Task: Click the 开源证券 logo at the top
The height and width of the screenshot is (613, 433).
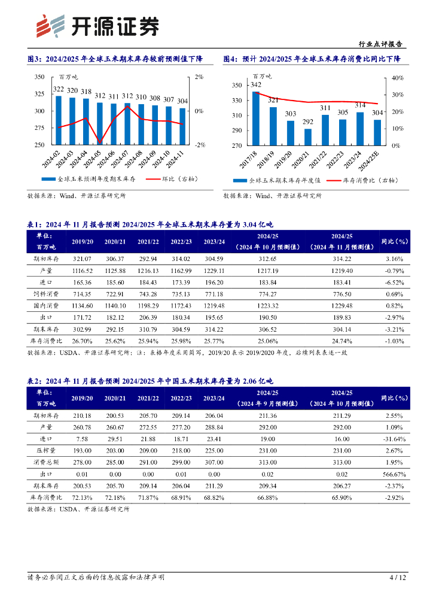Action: [99, 25]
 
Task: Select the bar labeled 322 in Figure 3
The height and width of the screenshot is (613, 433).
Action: [59, 120]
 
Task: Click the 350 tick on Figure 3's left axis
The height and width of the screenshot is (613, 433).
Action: [39, 77]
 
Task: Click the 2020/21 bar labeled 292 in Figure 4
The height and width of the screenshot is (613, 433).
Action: [307, 136]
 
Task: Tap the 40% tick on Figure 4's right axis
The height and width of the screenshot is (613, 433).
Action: [398, 78]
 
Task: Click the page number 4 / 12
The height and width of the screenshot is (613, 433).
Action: [398, 578]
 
